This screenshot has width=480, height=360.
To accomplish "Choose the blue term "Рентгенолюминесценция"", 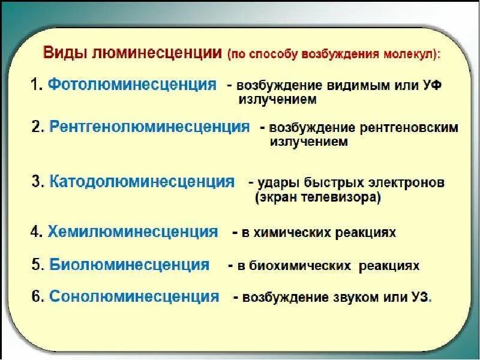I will (149, 127).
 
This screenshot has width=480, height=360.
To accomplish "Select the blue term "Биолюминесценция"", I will (130, 264).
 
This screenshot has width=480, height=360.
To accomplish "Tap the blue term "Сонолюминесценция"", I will (134, 296).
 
